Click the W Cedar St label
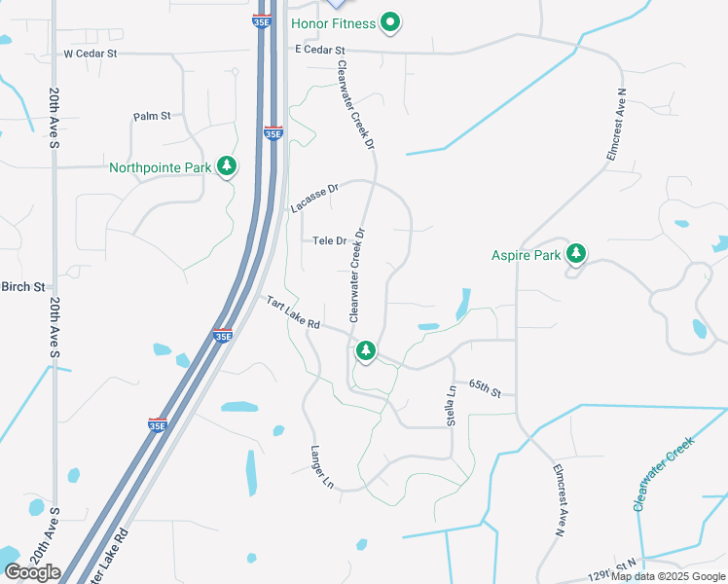(x=90, y=53)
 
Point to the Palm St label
(x=152, y=116)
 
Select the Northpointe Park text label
(x=161, y=167)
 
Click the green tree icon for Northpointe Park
(x=227, y=166)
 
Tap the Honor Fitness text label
(x=333, y=21)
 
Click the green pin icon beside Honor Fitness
(x=390, y=21)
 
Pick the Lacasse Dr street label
(x=313, y=198)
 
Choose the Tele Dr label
(x=330, y=240)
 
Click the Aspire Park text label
(x=527, y=255)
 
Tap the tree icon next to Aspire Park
(x=576, y=254)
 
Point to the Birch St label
(x=23, y=287)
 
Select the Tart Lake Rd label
(x=293, y=312)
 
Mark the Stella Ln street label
(x=452, y=404)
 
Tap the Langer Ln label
(x=322, y=467)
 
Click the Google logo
(x=32, y=572)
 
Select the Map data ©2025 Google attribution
(x=669, y=576)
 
